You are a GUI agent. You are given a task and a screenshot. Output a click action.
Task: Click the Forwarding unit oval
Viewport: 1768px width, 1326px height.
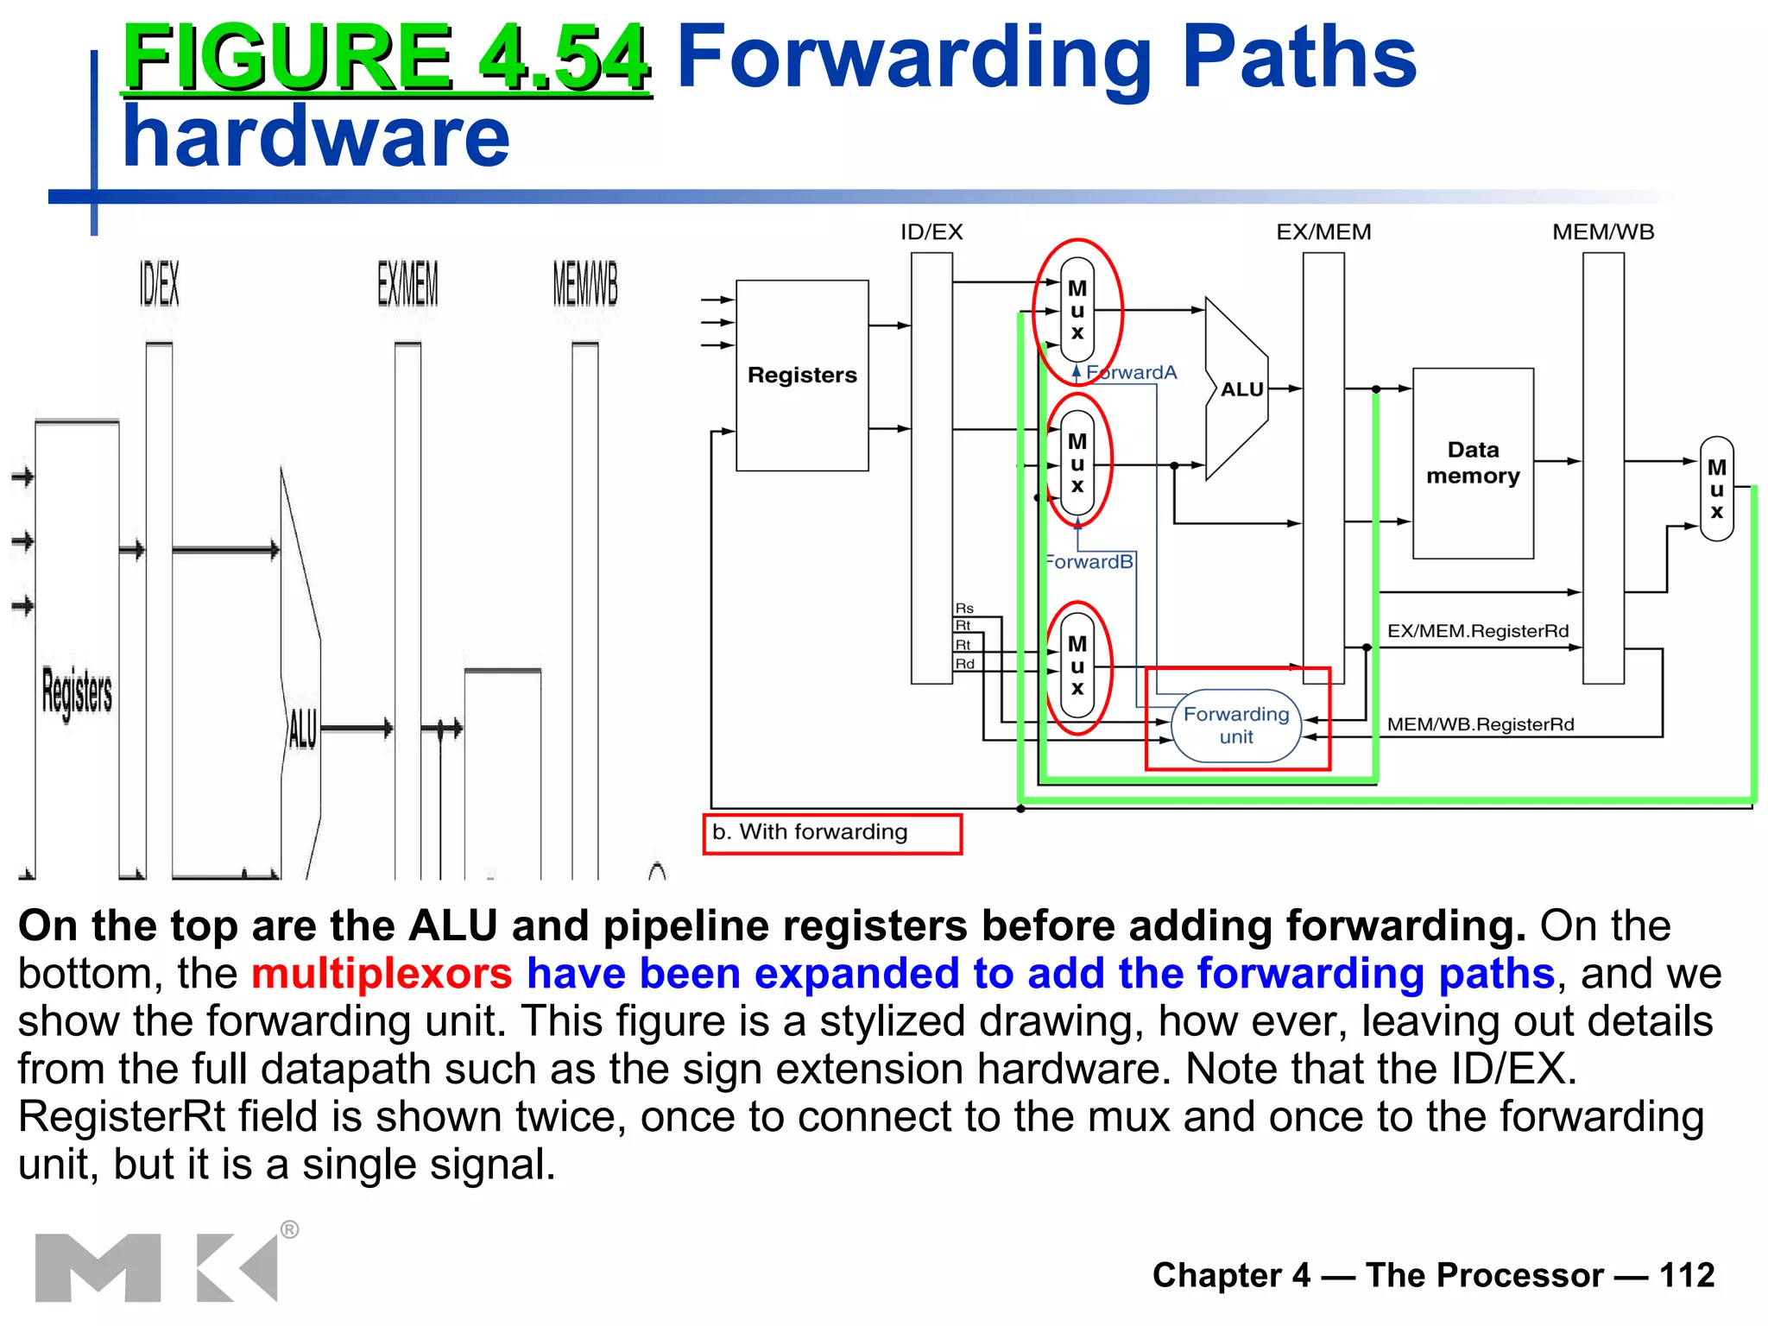(1235, 725)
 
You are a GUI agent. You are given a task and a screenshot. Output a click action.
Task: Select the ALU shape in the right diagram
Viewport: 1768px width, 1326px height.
(1236, 389)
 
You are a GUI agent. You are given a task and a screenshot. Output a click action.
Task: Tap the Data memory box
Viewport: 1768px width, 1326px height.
(1473, 464)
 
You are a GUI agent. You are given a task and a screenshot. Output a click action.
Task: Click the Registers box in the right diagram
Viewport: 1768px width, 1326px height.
(802, 376)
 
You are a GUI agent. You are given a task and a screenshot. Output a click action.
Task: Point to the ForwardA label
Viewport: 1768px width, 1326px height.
(1131, 372)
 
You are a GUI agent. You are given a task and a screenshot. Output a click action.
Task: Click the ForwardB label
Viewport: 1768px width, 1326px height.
(1089, 562)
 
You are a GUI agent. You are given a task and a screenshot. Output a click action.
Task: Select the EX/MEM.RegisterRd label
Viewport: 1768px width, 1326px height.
(1477, 631)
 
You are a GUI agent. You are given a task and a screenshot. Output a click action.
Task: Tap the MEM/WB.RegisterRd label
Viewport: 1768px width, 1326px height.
(1480, 724)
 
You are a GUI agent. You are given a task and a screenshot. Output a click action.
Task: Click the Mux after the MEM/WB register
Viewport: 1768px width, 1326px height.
(1716, 489)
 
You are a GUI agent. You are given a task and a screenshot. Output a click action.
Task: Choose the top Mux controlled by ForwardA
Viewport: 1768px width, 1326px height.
(1077, 310)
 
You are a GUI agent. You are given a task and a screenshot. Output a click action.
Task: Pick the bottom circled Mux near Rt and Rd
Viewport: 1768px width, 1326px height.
(1077, 666)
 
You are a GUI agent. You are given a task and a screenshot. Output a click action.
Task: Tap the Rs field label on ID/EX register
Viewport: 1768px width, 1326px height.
(964, 609)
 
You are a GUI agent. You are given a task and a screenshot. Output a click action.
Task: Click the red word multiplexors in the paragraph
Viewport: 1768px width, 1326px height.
(382, 974)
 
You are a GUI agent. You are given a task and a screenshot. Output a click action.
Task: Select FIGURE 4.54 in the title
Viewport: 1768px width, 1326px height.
(386, 58)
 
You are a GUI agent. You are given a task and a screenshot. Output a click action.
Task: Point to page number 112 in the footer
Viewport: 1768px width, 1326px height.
(1686, 1275)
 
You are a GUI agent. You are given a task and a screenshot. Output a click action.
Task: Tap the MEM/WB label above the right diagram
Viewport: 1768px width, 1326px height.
(1602, 232)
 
